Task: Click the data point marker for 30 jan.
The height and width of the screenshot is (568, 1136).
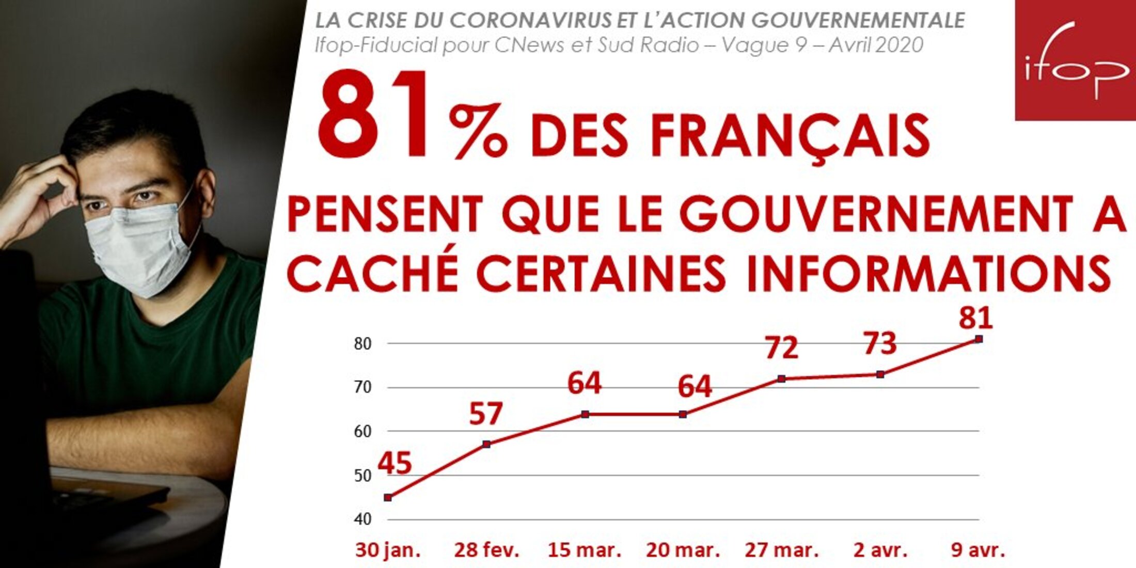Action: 388,498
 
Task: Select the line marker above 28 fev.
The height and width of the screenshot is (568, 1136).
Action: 486,444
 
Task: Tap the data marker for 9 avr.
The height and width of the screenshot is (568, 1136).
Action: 979,339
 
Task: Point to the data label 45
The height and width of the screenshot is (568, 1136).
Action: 395,463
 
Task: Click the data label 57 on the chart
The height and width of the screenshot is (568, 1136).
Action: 486,414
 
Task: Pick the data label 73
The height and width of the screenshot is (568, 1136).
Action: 880,343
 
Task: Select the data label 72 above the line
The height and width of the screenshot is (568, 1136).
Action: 782,348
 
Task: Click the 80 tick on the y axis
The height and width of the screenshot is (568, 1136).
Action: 362,344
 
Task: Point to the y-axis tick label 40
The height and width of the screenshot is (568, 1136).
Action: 362,519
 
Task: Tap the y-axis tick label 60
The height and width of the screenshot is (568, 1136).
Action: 362,432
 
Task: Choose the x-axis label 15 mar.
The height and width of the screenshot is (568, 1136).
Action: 584,550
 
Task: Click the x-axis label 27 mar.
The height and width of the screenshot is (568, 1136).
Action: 782,550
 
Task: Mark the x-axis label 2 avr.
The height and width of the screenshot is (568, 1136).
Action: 880,550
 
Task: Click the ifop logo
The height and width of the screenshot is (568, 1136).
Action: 1076,60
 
